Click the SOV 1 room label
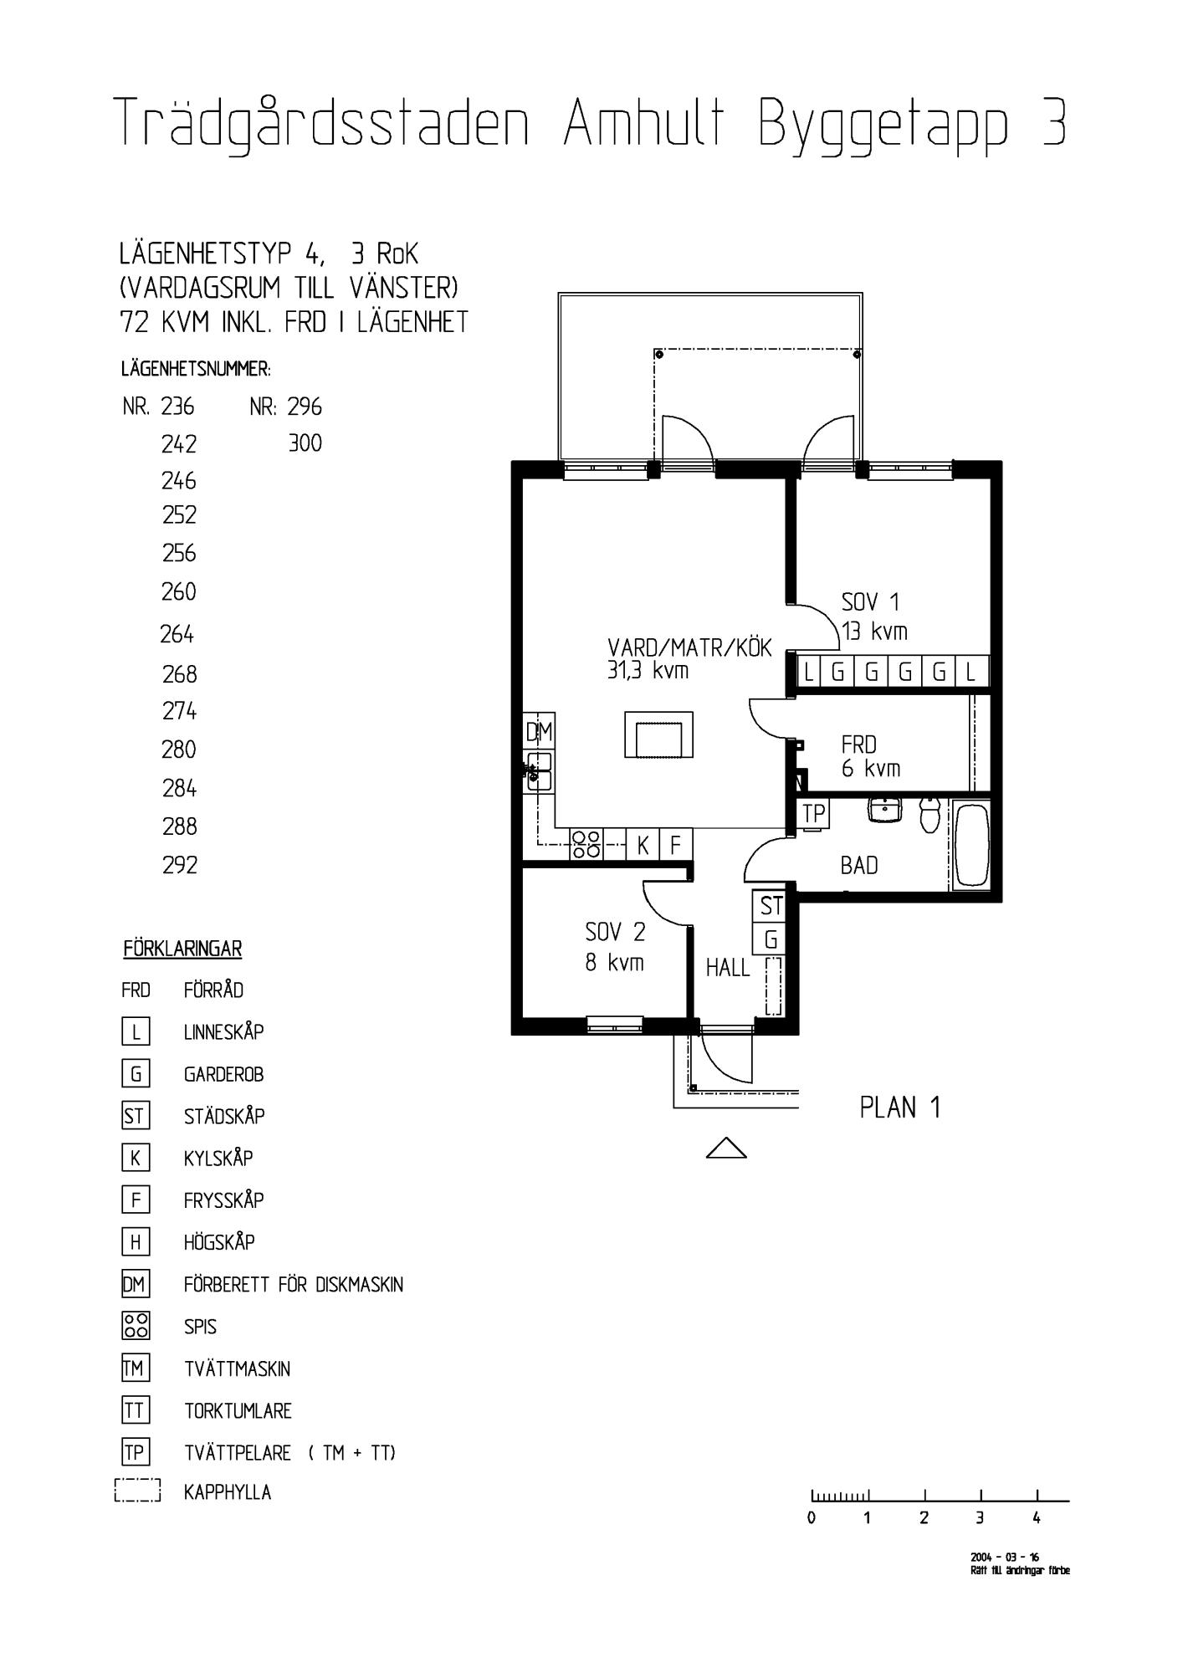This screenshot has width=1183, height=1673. click(870, 602)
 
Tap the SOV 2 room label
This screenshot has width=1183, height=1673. click(615, 932)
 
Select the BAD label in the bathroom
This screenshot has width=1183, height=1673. click(859, 866)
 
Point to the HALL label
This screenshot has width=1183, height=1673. click(728, 968)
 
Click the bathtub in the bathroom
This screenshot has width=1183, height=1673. click(971, 845)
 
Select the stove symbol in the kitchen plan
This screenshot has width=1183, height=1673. click(586, 844)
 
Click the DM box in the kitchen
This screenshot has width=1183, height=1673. click(539, 732)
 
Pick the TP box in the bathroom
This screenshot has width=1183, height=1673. click(813, 814)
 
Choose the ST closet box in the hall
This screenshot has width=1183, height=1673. click(771, 907)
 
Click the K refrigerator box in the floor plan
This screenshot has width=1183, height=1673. click(643, 844)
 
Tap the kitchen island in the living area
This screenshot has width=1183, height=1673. click(659, 734)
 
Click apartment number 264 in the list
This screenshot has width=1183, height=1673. click(177, 635)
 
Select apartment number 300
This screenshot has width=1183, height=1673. click(305, 443)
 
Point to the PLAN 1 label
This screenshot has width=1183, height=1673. click(900, 1108)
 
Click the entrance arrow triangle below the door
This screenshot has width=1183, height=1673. click(726, 1149)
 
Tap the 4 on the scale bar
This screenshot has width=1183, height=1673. click(1037, 1518)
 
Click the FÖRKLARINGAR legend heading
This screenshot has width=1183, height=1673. click(182, 949)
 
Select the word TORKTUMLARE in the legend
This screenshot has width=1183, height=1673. click(238, 1411)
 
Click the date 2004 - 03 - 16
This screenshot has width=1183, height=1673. click(1005, 1557)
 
